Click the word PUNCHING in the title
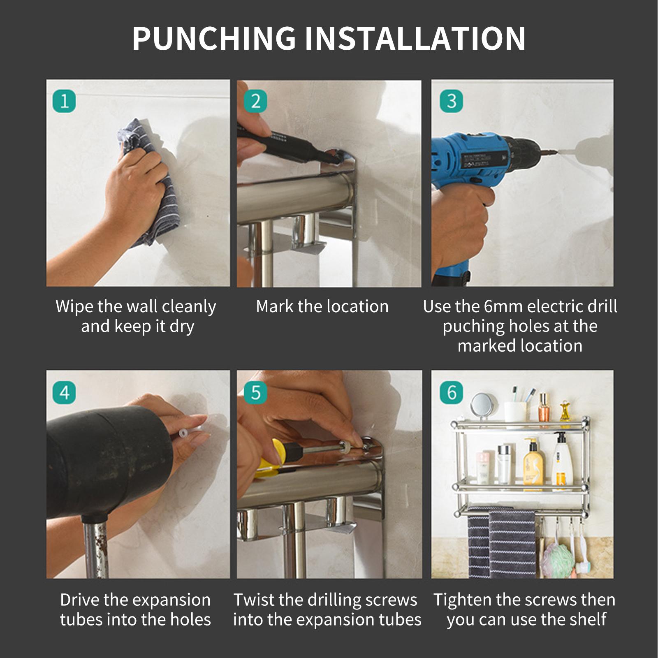[x=214, y=38]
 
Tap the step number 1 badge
[x=65, y=101]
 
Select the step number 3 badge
[x=451, y=101]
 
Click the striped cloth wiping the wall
[x=152, y=181]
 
